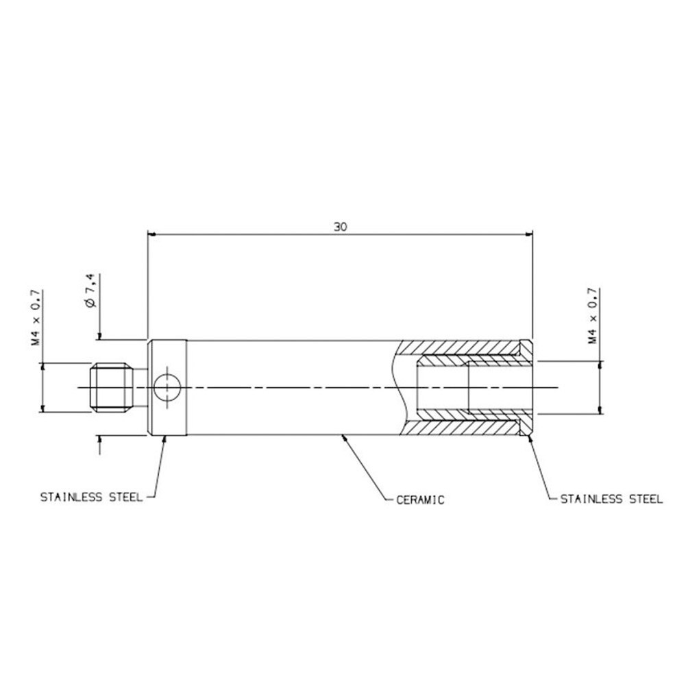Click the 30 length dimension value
click(341, 227)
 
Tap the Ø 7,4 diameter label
click(90, 291)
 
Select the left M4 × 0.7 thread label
click(36, 317)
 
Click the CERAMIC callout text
click(420, 500)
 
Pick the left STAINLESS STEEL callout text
click(91, 498)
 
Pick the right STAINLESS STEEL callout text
click(611, 499)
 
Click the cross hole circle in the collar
click(167, 388)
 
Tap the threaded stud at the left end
click(112, 388)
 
